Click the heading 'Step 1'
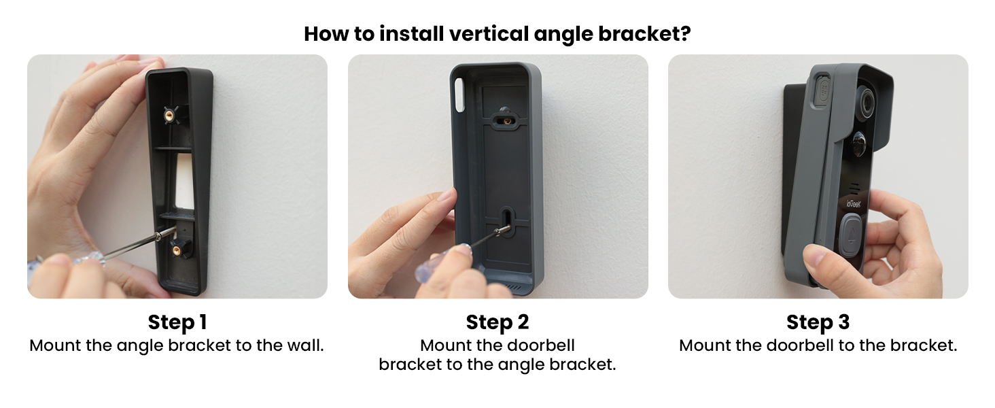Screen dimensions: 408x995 pyautogui.click(x=177, y=321)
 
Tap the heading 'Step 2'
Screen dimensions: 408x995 pyautogui.click(x=497, y=321)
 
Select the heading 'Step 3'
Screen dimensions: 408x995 pyautogui.click(x=818, y=321)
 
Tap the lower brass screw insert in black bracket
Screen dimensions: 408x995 pyautogui.click(x=179, y=248)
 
